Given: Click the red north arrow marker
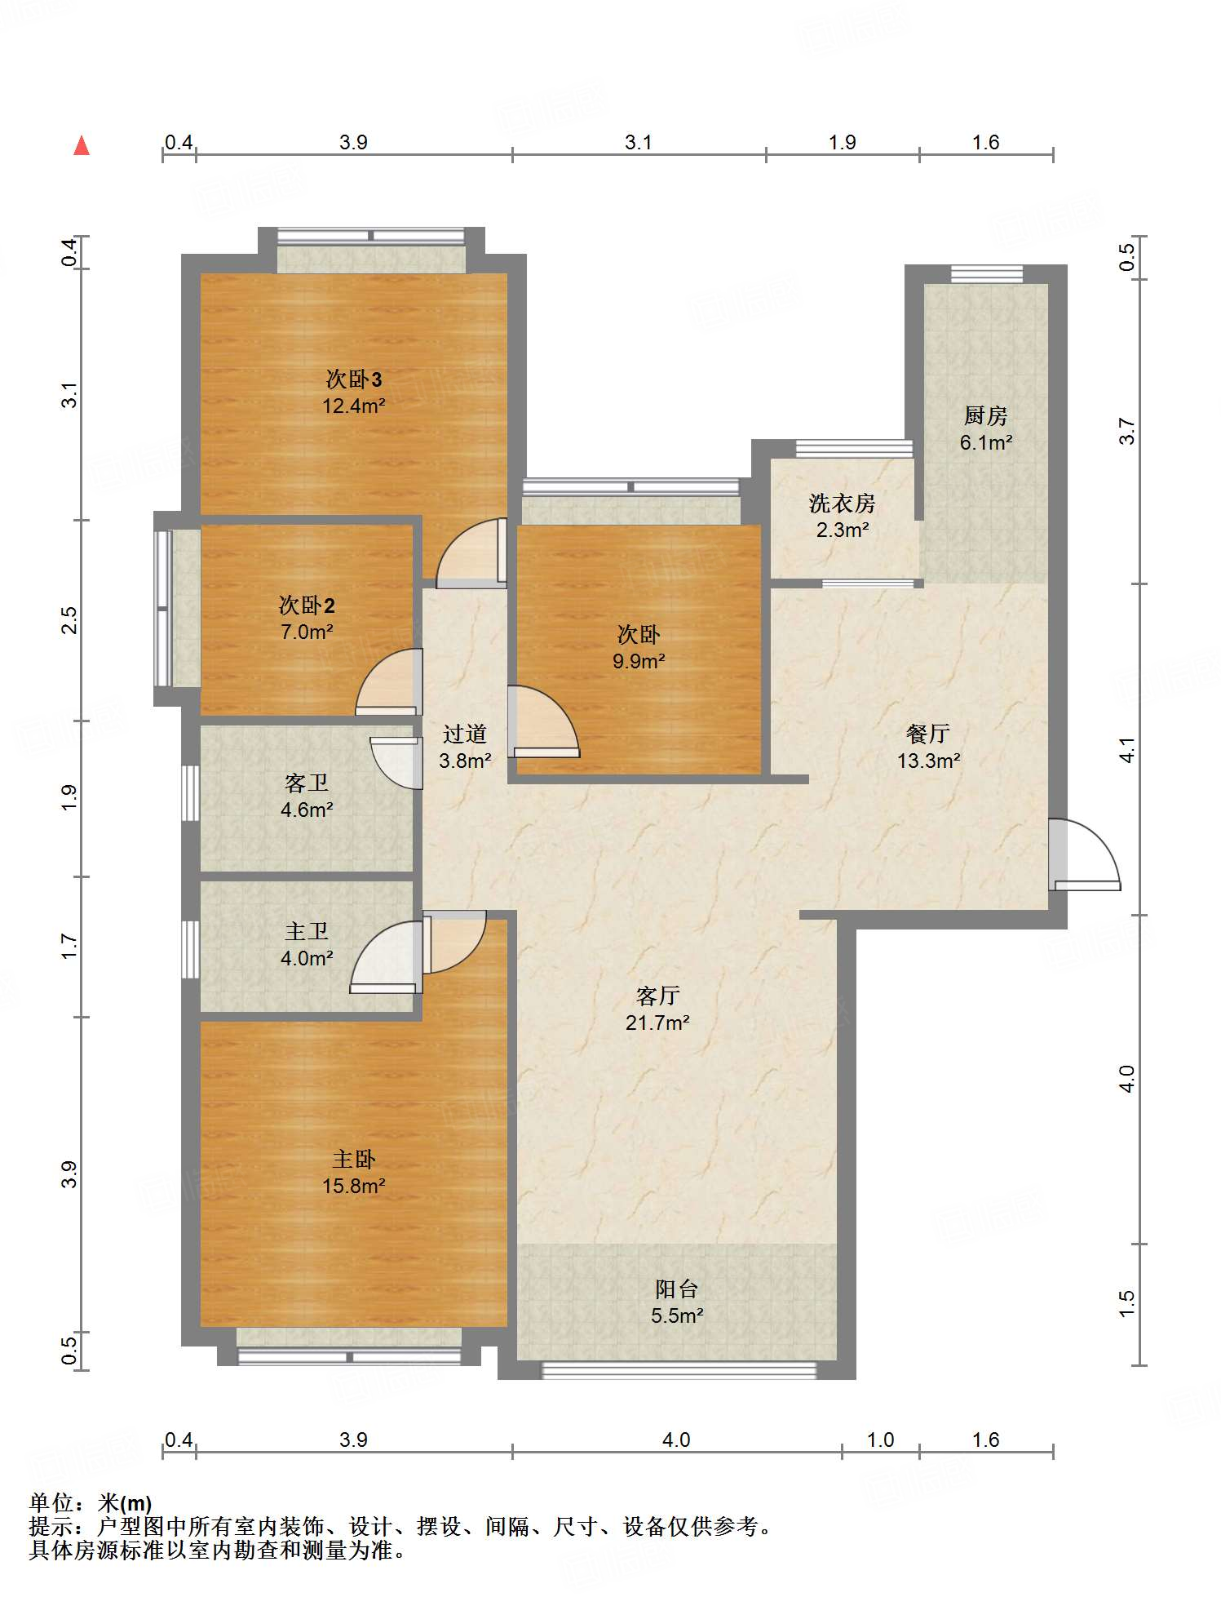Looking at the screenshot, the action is pyautogui.click(x=82, y=145).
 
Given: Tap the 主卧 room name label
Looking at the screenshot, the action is pyautogui.click(x=354, y=1159).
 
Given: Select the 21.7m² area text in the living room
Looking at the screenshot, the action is pyautogui.click(x=657, y=1023).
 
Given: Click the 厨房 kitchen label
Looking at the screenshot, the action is pyautogui.click(x=986, y=415).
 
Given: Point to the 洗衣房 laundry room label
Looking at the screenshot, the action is pyautogui.click(x=843, y=504).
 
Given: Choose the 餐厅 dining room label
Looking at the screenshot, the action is pyautogui.click(x=928, y=734).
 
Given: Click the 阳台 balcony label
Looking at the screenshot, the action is pyautogui.click(x=677, y=1289).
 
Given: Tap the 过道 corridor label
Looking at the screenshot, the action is pyautogui.click(x=465, y=734).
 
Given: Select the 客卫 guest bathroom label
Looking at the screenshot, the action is pyautogui.click(x=307, y=783).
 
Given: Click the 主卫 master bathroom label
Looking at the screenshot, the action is pyautogui.click(x=307, y=931).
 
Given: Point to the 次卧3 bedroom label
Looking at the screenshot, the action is pyautogui.click(x=354, y=379).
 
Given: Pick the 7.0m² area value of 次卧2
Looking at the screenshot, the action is pyautogui.click(x=307, y=632).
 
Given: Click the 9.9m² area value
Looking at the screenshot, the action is pyautogui.click(x=639, y=661).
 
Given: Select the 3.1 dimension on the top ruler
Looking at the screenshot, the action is pyautogui.click(x=639, y=143).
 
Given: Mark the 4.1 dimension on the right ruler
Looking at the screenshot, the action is pyautogui.click(x=1126, y=749).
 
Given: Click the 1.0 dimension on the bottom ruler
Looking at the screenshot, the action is pyautogui.click(x=881, y=1440).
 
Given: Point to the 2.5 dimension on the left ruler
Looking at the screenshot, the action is pyautogui.click(x=70, y=620).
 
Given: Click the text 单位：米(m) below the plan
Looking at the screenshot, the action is pyautogui.click(x=91, y=1503).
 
